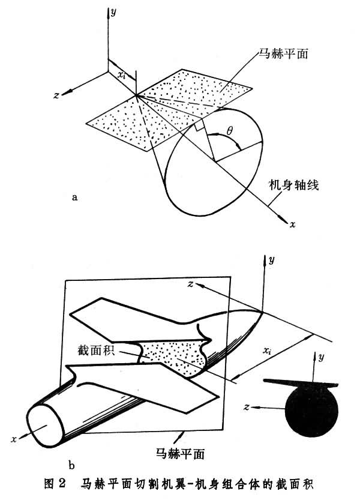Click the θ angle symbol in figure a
(230, 130)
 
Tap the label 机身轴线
(293, 185)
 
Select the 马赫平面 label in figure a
(283, 53)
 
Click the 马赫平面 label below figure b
(180, 453)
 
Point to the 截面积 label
(96, 351)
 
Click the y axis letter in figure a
(113, 13)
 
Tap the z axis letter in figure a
(56, 95)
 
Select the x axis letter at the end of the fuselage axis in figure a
(292, 224)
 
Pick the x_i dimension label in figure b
(267, 351)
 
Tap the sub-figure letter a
(74, 197)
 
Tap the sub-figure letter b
(71, 465)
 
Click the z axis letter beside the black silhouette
(246, 407)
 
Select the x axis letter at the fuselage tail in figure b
(14, 439)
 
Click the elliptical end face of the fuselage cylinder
(46, 426)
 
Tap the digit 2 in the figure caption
(62, 483)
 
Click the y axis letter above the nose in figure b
(271, 261)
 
